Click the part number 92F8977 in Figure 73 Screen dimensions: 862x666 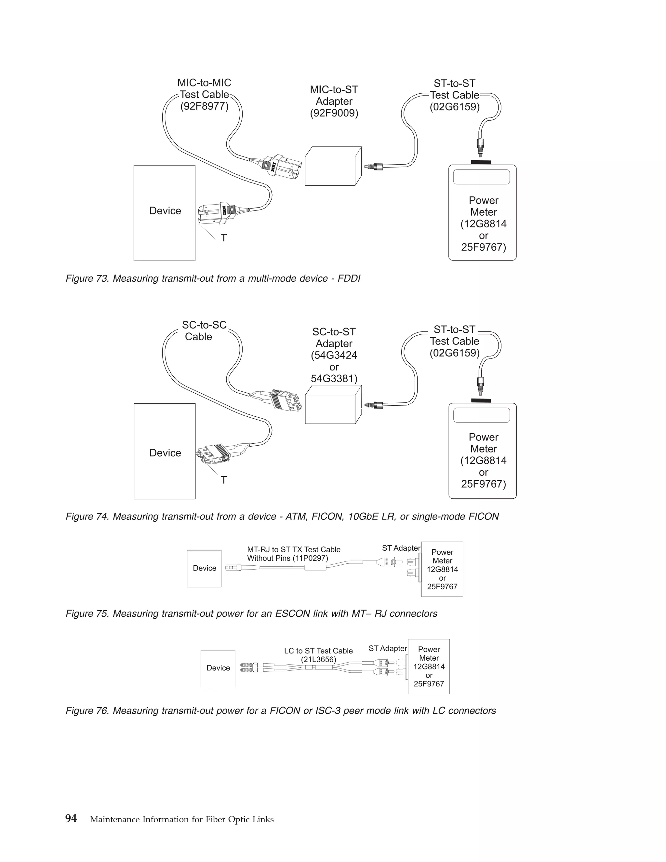point(204,107)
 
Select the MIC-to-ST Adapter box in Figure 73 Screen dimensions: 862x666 point(332,167)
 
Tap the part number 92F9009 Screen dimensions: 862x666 point(334,113)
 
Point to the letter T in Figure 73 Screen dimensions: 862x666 point(224,238)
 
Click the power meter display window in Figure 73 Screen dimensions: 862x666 point(481,177)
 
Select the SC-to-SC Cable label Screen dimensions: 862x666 point(204,331)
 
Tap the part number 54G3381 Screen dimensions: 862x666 point(334,379)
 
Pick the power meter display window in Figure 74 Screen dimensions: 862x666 point(481,415)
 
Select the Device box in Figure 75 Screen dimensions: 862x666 point(204,568)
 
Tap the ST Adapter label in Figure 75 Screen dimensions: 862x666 point(401,548)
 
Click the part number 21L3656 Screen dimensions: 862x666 point(318,660)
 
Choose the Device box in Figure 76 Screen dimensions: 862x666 point(218,668)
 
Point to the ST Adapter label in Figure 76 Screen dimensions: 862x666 point(387,649)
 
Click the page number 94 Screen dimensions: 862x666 point(71,819)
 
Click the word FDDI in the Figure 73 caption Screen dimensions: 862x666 point(349,279)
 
